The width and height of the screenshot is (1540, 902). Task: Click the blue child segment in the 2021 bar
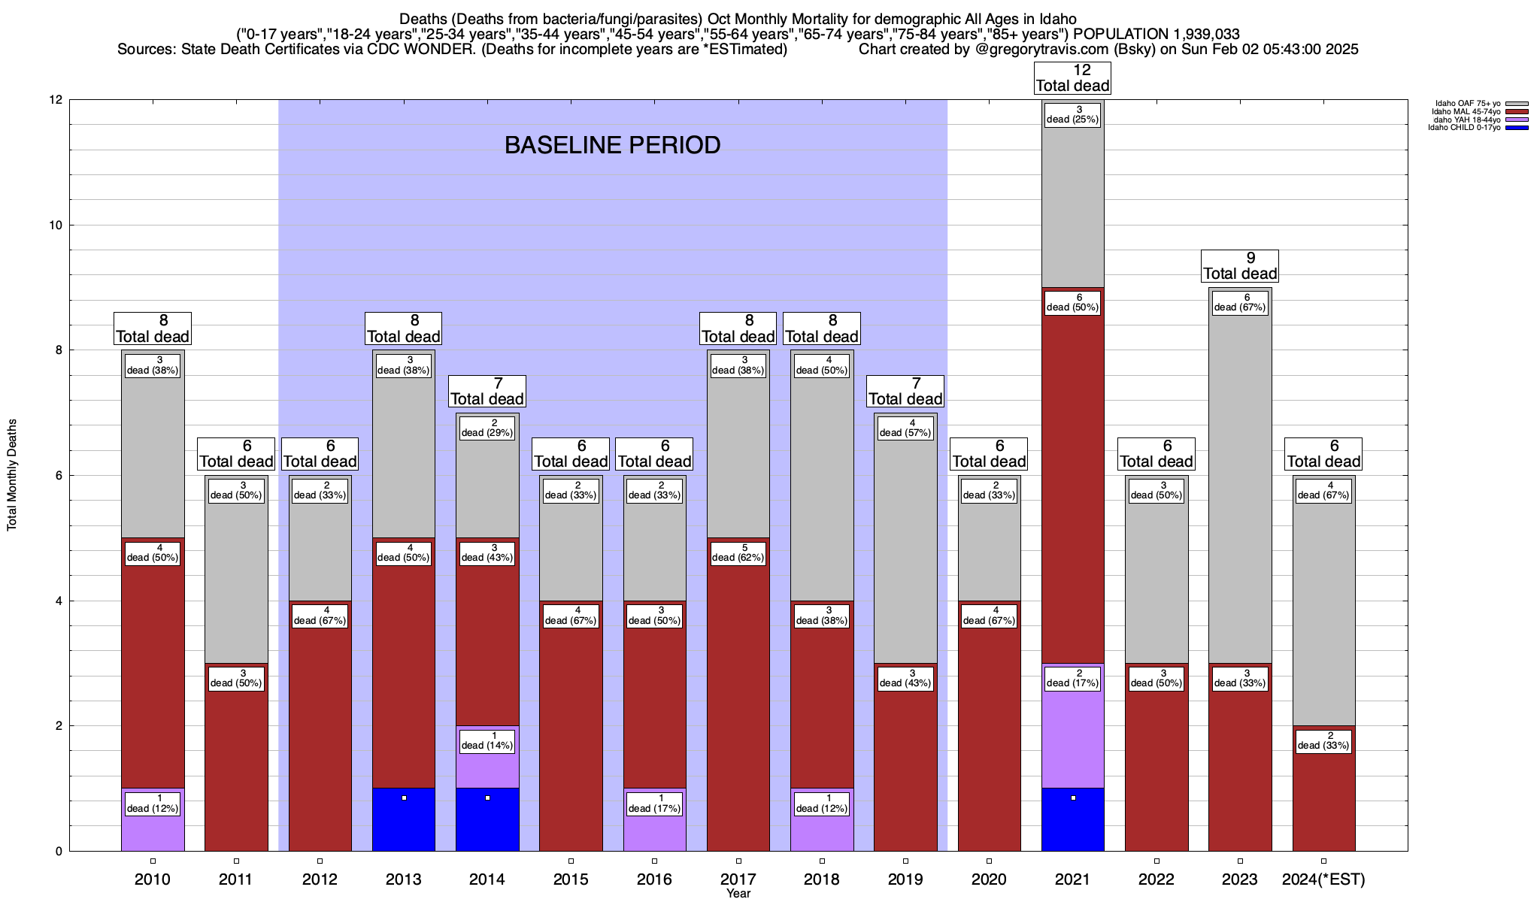pos(1072,823)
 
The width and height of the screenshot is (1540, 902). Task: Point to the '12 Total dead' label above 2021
pos(1072,77)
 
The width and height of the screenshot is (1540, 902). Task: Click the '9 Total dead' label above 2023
pos(1239,265)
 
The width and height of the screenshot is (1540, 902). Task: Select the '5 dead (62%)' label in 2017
pos(738,552)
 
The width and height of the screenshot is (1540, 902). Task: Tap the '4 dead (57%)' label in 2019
pos(905,428)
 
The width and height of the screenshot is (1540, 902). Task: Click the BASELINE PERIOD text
pos(612,145)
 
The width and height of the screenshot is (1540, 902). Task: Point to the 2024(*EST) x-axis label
pos(1323,879)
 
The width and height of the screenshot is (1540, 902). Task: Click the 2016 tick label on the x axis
pos(654,879)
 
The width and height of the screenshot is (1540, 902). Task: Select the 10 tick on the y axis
pos(56,225)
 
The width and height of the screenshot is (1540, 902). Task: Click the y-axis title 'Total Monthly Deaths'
pos(12,475)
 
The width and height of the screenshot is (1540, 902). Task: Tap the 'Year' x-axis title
pos(738,894)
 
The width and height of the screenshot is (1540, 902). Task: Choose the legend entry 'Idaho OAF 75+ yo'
pos(1466,104)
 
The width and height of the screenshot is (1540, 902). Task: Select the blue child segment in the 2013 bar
pos(404,823)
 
